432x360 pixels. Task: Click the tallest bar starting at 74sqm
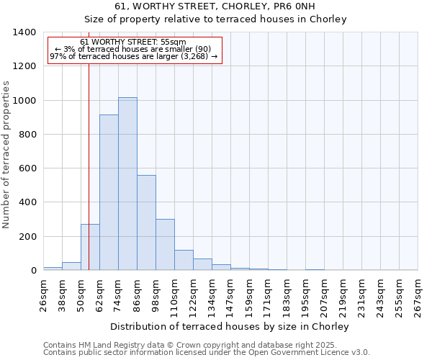[127, 184]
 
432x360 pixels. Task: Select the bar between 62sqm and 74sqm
[109, 192]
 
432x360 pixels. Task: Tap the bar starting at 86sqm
[146, 222]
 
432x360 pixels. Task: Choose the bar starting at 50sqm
[90, 247]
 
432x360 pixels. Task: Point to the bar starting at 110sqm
[184, 260]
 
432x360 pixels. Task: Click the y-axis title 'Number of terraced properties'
[6, 154]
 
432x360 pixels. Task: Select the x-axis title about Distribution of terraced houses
[230, 326]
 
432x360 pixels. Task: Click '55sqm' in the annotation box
[173, 42]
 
